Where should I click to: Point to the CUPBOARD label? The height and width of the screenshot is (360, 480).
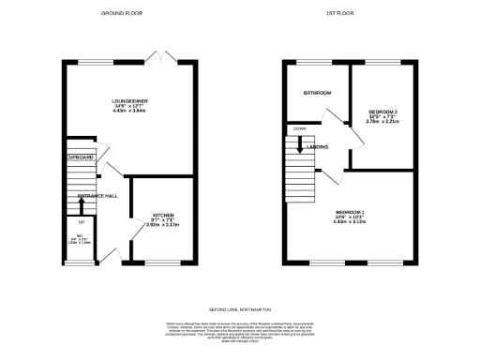pos(81,158)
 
